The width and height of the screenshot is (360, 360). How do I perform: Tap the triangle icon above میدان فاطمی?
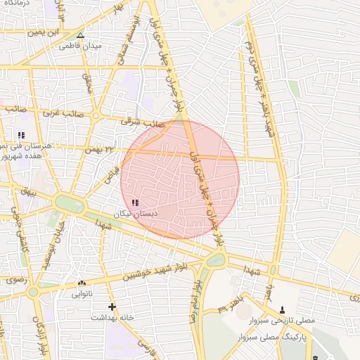[80, 34]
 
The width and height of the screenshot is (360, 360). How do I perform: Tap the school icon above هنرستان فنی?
[22, 134]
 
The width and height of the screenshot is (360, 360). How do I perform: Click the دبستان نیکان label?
[136, 212]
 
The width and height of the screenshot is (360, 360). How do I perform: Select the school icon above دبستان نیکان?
[135, 202]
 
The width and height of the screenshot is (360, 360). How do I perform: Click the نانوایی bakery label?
[82, 294]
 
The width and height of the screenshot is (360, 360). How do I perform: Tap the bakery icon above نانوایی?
[82, 283]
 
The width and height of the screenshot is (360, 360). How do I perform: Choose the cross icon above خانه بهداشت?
[112, 307]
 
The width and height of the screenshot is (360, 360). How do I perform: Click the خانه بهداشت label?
[112, 317]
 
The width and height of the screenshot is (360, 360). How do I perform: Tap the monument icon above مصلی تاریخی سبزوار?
[283, 309]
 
